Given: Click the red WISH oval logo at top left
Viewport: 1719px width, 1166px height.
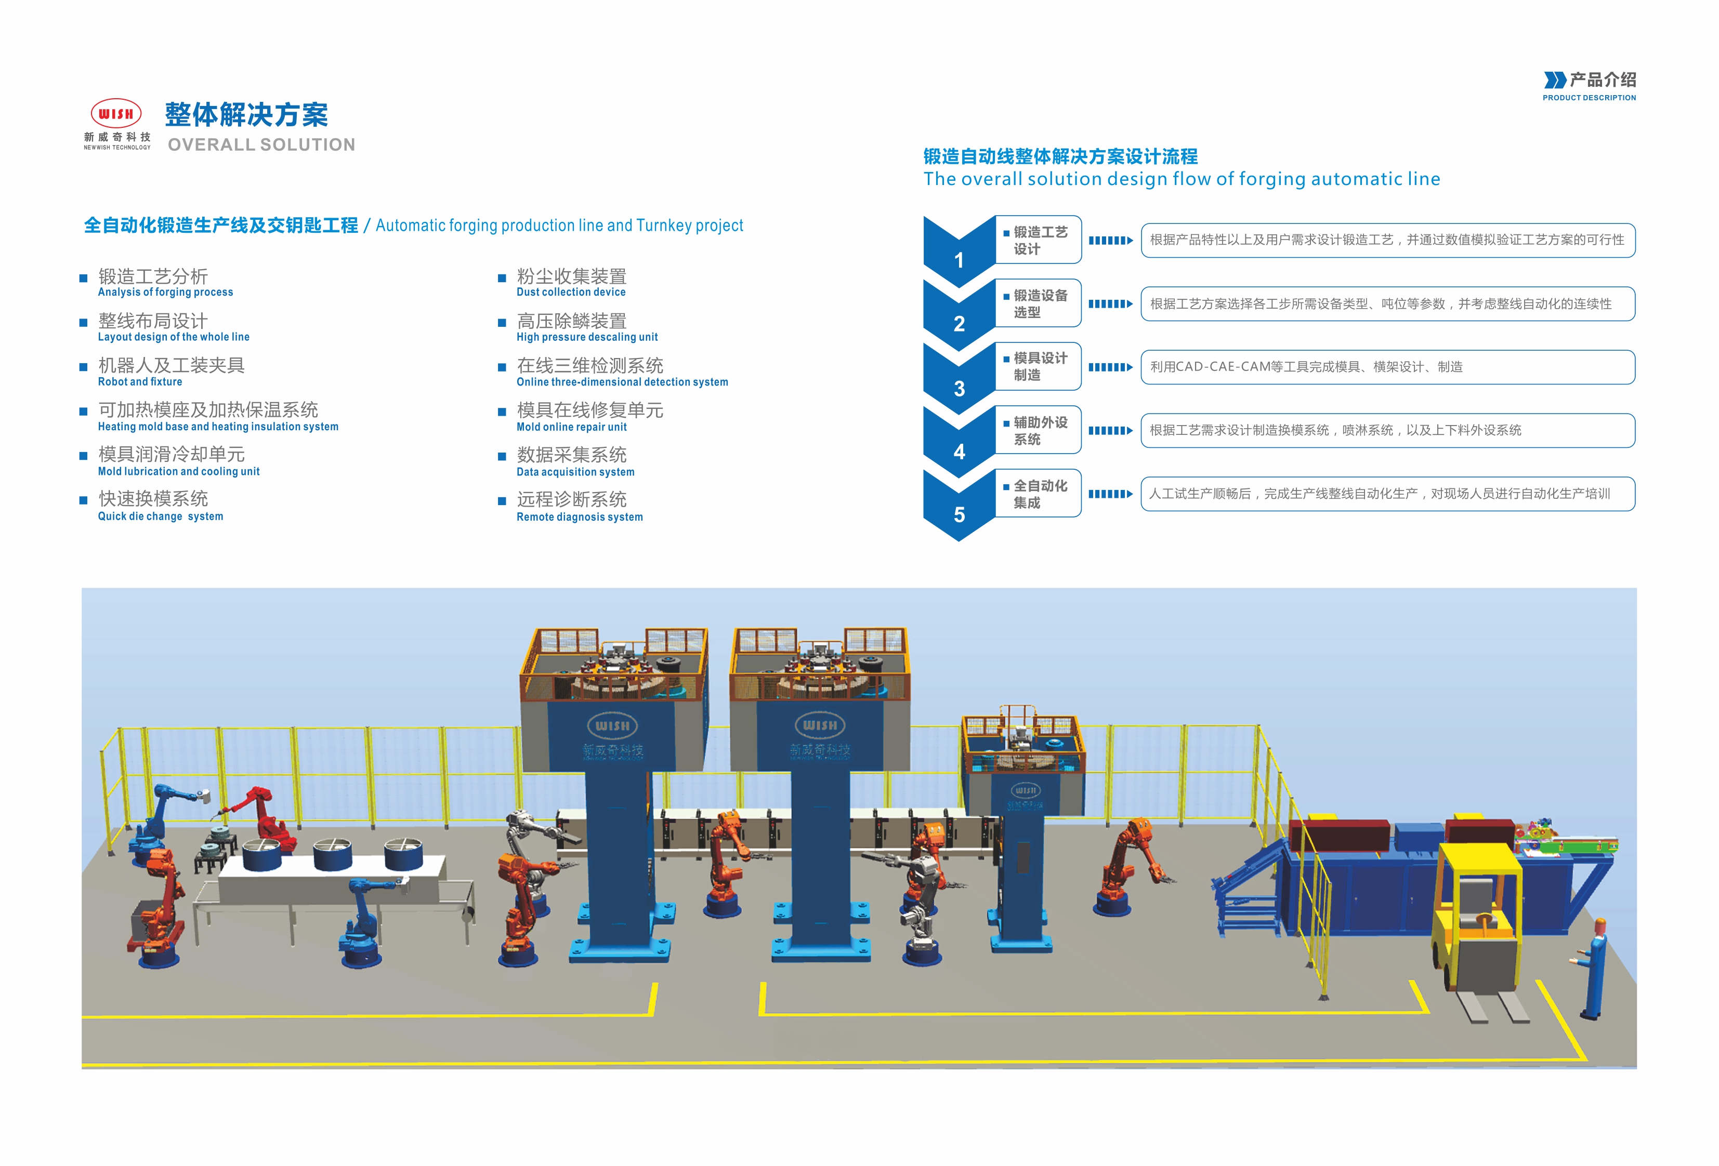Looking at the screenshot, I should [x=116, y=113].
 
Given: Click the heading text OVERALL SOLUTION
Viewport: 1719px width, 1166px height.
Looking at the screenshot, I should [x=261, y=145].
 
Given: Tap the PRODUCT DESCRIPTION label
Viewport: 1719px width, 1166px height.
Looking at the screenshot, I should [x=1589, y=98].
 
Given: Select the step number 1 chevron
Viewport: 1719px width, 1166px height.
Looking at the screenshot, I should [x=959, y=255].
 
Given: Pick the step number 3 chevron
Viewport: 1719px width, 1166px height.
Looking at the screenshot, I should [x=959, y=383].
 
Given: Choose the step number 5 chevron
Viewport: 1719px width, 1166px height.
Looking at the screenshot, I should [x=959, y=510].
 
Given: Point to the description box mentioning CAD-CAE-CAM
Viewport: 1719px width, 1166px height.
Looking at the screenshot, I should [x=1388, y=367].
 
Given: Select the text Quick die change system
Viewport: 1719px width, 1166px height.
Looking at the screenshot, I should [x=161, y=516].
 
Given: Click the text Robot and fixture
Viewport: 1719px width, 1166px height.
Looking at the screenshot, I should [x=140, y=381].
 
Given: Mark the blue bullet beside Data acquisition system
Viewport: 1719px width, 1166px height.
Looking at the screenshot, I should [x=502, y=457].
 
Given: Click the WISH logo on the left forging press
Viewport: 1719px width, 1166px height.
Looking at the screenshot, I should [x=612, y=725].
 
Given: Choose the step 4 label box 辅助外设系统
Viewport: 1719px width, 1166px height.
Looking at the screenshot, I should [x=1039, y=430].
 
